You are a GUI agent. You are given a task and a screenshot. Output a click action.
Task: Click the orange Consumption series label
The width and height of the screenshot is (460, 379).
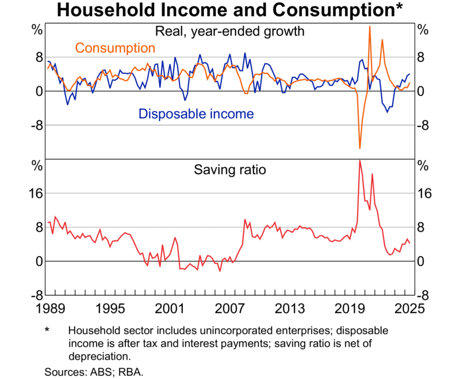point(115,48)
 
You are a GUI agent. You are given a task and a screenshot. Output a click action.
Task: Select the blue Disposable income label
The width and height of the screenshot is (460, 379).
point(196,114)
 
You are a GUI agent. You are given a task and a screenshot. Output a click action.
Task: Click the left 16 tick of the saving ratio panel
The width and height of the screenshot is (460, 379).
point(36,194)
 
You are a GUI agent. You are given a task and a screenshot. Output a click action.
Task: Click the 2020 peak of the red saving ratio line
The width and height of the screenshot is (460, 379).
point(360,161)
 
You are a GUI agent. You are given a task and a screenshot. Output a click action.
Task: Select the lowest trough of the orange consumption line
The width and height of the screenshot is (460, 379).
point(360,148)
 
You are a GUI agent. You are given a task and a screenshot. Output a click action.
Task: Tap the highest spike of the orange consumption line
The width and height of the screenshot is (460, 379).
point(369,26)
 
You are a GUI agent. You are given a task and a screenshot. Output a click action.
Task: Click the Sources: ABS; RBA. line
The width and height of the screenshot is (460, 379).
point(94,372)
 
